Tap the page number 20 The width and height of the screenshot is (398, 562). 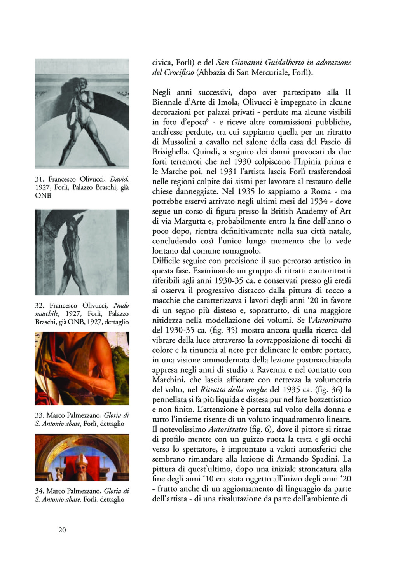tap(62, 530)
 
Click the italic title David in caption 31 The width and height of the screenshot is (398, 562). tap(119, 179)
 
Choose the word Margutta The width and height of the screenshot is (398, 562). tap(186, 221)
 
